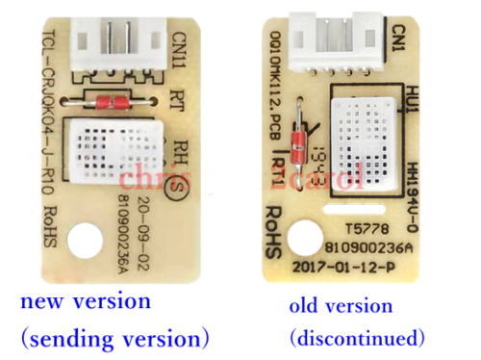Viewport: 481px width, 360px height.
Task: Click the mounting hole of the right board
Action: coord(309,238)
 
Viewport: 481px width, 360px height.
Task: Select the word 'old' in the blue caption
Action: coord(305,305)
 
